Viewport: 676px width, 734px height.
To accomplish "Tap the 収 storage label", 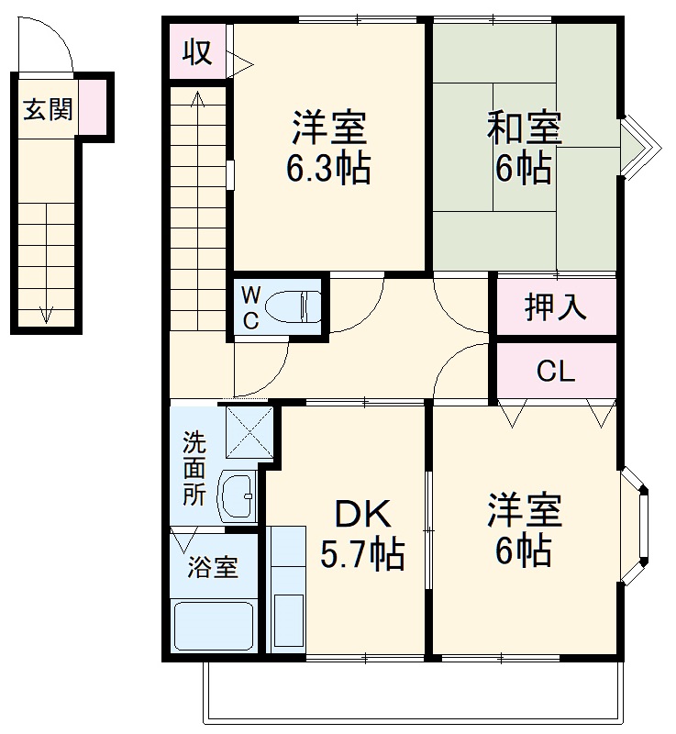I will click(196, 51).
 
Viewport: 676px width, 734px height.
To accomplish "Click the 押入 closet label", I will click(554, 308).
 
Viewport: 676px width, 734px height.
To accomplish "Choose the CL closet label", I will click(555, 372).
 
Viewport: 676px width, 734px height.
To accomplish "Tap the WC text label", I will click(250, 307).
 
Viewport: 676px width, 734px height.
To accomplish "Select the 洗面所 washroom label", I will click(194, 468).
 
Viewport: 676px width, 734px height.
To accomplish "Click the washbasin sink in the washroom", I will click(238, 496).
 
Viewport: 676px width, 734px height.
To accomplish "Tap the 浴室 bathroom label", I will click(213, 568).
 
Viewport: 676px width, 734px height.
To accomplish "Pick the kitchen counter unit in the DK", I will click(287, 587).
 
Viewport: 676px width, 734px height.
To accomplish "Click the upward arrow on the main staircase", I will click(198, 101).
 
